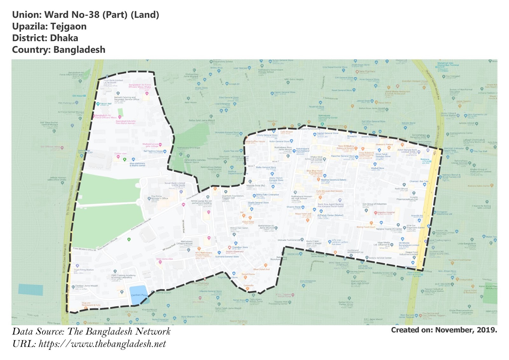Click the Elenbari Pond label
click(x=139, y=295)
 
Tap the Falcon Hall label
click(x=106, y=104)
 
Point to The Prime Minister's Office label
click(x=160, y=197)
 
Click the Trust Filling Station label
click(x=84, y=270)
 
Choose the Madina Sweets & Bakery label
click(x=333, y=180)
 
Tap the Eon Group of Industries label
click(x=374, y=204)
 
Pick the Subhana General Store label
click(x=227, y=257)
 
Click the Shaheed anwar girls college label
click(x=150, y=145)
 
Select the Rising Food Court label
click(x=366, y=227)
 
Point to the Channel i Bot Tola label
click(x=419, y=181)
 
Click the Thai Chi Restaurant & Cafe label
click(x=91, y=304)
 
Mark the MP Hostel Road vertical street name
click(x=184, y=226)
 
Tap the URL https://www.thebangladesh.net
click(x=102, y=344)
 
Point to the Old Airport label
click(x=79, y=95)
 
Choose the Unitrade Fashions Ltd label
click(x=289, y=240)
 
